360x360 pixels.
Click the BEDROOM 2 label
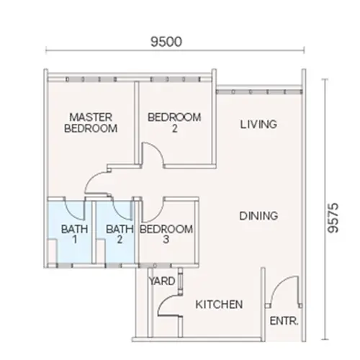point(174,122)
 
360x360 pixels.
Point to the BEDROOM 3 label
point(166,235)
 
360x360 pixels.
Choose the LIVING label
point(258,125)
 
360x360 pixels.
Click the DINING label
point(258,215)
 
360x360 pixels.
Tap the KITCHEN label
point(219,305)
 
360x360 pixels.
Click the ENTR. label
point(284,321)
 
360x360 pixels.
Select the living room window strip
point(257,91)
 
